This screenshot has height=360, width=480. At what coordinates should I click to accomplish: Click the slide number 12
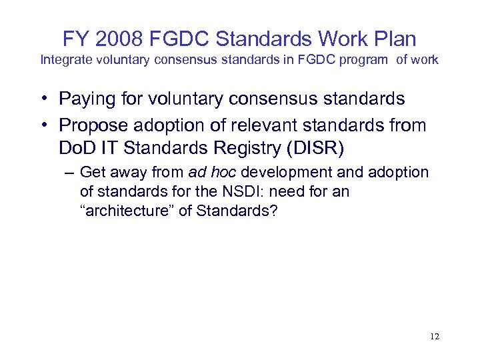pyautogui.click(x=435, y=336)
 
